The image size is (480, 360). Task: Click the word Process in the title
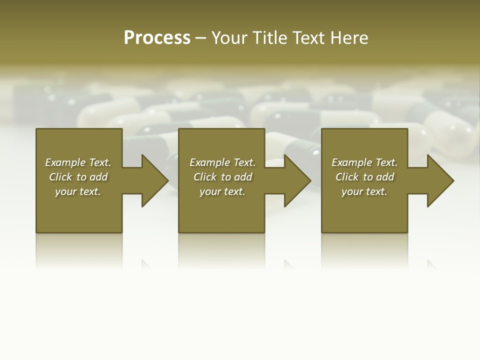click(157, 38)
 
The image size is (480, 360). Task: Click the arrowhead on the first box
click(153, 180)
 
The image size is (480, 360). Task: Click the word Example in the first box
click(64, 162)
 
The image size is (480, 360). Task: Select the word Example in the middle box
click(209, 162)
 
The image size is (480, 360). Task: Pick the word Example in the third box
click(351, 162)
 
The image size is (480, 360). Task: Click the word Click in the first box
click(60, 177)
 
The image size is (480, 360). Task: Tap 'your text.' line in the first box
click(78, 191)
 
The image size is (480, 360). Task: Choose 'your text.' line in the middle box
click(222, 191)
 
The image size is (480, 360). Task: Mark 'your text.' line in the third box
click(364, 191)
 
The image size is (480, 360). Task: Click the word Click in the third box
click(347, 177)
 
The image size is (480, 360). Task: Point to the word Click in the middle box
click(205, 177)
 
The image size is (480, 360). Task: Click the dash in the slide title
click(200, 38)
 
